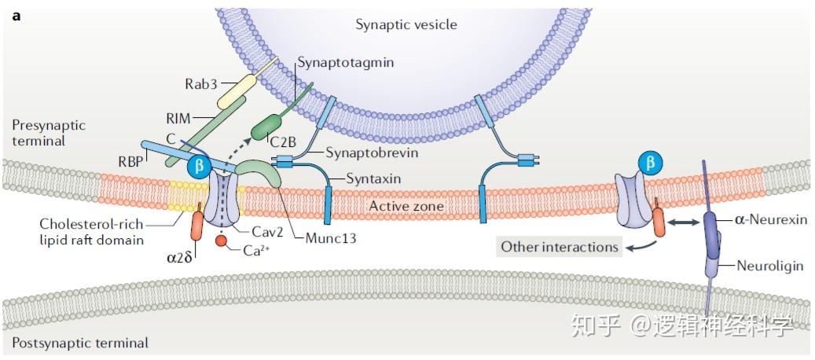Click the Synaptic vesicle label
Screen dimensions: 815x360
[406, 24]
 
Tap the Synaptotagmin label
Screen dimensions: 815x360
[345, 64]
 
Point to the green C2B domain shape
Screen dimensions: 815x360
[266, 128]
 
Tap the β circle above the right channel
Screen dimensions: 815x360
[651, 163]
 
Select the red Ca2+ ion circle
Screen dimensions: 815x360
[222, 241]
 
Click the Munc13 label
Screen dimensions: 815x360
[332, 239]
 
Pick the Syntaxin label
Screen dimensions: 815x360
[374, 179]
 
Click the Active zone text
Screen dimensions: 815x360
[406, 206]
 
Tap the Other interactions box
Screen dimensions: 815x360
[560, 247]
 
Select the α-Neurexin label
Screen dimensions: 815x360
[771, 220]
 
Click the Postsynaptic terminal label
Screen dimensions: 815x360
[80, 343]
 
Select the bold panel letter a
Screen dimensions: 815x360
[17, 16]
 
